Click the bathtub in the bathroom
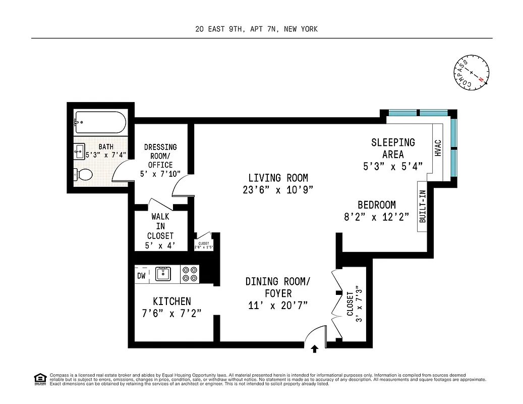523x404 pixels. [100, 122]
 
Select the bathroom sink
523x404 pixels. [80, 150]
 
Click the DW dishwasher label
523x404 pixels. [141, 276]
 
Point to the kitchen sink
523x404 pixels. [163, 274]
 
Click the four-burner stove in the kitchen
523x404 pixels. [190, 274]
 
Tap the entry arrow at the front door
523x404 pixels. [315, 348]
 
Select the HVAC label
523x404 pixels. [438, 147]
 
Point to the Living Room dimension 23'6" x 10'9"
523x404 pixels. [278, 190]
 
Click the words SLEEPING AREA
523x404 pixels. [393, 148]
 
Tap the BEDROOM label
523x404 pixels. [376, 205]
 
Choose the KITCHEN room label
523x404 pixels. [172, 301]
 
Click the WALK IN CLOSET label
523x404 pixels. [160, 226]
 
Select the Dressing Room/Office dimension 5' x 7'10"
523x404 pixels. [160, 174]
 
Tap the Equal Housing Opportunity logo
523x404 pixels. [39, 378]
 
